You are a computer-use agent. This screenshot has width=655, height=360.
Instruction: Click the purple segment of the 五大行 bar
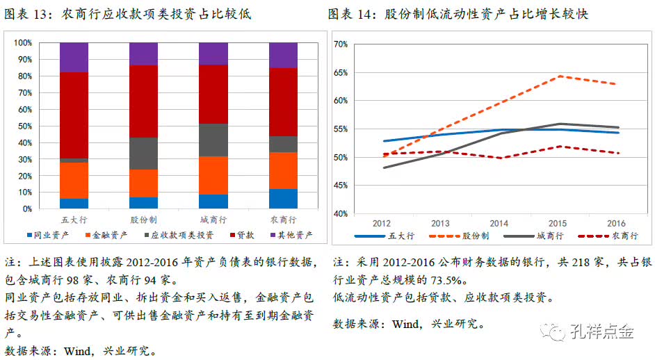point(74,57)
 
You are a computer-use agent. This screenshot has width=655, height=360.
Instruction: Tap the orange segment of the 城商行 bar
point(213,175)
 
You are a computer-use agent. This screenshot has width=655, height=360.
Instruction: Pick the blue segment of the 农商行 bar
point(283,198)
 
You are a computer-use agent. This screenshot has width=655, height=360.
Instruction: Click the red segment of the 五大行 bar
point(74,115)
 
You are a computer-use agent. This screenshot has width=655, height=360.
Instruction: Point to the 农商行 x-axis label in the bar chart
point(283,219)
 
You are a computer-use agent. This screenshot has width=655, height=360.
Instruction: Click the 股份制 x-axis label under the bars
point(143,219)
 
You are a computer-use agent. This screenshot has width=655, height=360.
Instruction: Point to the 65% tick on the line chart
point(340,72)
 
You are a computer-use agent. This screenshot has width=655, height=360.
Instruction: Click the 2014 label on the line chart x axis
point(499,224)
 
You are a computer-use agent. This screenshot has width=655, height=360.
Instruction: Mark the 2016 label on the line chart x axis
point(616,224)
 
